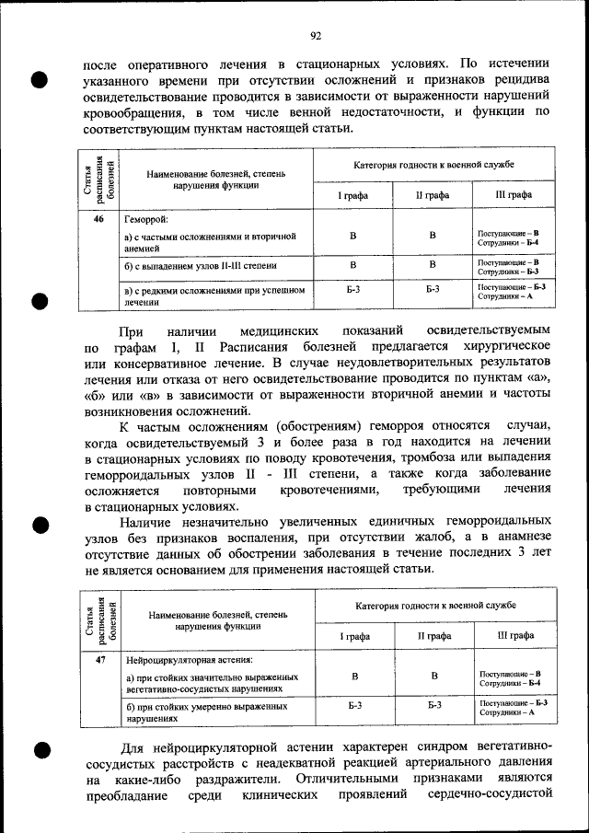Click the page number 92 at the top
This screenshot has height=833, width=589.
[315, 36]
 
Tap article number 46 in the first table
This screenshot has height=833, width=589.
[99, 220]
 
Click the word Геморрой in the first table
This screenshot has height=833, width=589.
[146, 221]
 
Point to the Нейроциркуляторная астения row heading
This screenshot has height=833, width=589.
[189, 660]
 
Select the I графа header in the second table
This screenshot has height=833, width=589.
[354, 635]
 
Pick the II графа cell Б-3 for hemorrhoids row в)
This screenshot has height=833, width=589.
[433, 290]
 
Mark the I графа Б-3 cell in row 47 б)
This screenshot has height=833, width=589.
[354, 706]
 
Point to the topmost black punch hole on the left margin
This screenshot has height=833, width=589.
[40, 80]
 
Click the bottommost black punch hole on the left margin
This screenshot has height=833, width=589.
[40, 750]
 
